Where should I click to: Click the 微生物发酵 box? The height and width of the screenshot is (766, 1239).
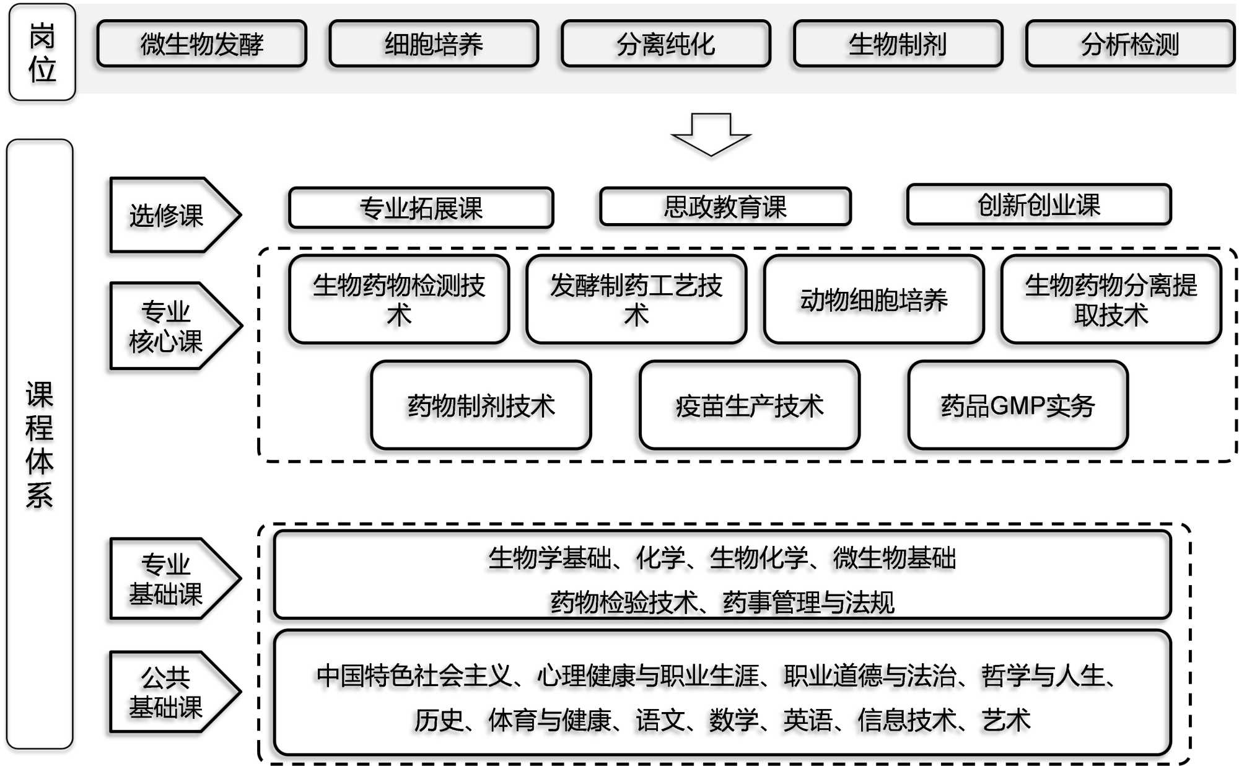(x=202, y=44)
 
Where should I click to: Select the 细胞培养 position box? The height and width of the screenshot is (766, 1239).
(x=434, y=44)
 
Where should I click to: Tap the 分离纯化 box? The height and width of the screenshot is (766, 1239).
(x=666, y=44)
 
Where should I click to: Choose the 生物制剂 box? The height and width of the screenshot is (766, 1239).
(x=898, y=44)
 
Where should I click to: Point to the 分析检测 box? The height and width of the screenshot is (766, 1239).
(x=1130, y=44)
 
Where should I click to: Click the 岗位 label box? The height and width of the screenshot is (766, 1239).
(x=42, y=53)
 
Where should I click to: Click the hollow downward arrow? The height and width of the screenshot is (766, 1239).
(x=711, y=134)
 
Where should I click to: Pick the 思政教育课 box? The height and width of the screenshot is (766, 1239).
(x=725, y=207)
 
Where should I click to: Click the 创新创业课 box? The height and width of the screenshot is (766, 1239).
(x=1039, y=205)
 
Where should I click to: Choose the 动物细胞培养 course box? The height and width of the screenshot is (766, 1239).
(x=873, y=300)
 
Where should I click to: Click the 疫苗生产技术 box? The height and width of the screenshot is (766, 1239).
(x=750, y=405)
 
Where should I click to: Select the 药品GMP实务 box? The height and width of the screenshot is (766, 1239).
(x=1018, y=405)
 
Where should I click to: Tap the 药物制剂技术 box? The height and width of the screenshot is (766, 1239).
(x=481, y=405)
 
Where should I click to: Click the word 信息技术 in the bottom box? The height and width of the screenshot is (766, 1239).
(x=906, y=720)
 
